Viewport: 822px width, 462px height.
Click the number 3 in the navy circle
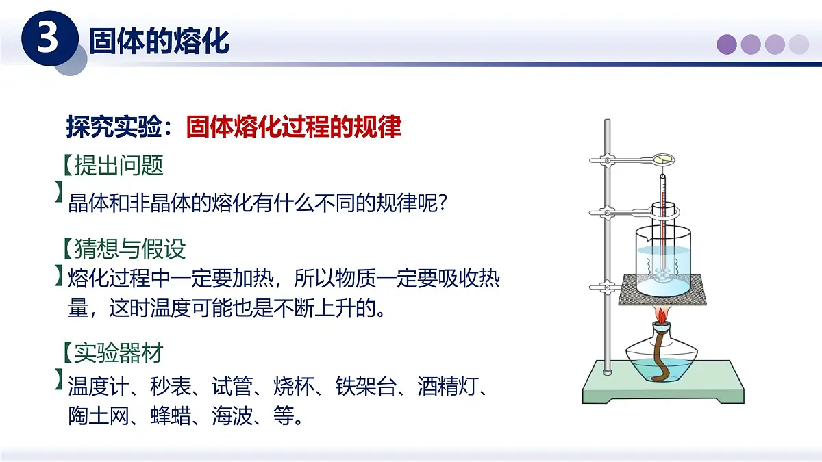point(47,40)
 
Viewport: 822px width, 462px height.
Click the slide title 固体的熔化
point(159,42)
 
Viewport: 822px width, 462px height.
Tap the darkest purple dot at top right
point(727,44)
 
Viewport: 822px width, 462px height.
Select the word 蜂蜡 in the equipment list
point(171,415)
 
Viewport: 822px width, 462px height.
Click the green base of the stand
point(662,392)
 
